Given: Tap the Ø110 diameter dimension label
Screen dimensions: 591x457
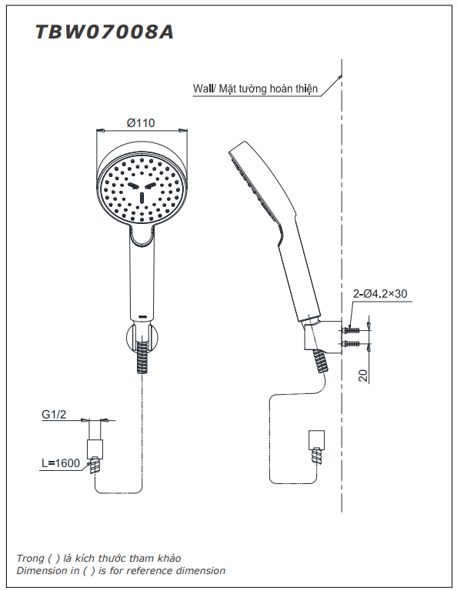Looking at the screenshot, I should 141,122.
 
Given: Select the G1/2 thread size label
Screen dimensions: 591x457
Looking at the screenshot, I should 55,415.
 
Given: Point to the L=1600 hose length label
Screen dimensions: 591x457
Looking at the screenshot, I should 60,462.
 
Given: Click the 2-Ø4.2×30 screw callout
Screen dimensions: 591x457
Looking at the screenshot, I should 380,293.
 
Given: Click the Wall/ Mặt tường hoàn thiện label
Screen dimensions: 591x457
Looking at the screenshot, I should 255,89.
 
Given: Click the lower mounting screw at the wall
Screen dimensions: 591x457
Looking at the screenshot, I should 352,343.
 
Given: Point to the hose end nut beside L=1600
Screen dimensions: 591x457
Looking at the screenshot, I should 96,449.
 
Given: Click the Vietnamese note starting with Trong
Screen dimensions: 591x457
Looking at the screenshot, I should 99,558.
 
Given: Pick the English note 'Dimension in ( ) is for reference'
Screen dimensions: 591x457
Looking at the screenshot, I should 121,571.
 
